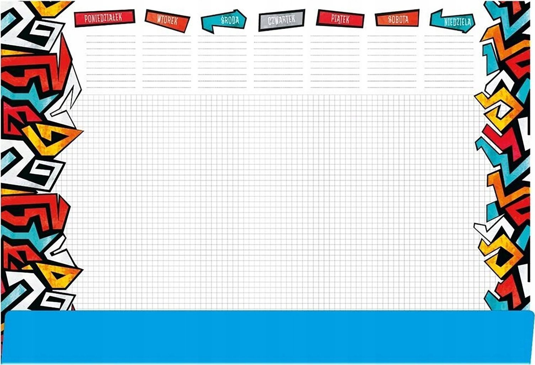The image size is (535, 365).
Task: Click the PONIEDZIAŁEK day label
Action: click(105, 18)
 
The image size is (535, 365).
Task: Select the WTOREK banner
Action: click(167, 21)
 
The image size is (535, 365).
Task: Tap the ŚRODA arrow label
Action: click(224, 21)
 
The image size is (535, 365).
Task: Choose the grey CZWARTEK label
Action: click(282, 20)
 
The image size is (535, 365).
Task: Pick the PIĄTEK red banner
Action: click(340, 19)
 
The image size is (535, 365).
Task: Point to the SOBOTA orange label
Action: click(397, 18)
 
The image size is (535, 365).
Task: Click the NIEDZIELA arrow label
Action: click(452, 21)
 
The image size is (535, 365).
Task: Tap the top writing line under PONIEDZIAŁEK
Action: click(111, 36)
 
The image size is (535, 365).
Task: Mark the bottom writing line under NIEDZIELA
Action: click(449, 87)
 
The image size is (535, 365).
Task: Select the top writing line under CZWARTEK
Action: click(278, 36)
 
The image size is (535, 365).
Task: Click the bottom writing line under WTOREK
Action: click(167, 87)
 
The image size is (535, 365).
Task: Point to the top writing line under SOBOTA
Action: click(392, 36)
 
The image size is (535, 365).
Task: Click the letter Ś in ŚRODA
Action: click(223, 20)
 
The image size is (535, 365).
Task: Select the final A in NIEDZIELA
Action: click(469, 22)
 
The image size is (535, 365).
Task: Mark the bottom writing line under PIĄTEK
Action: click(335, 87)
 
